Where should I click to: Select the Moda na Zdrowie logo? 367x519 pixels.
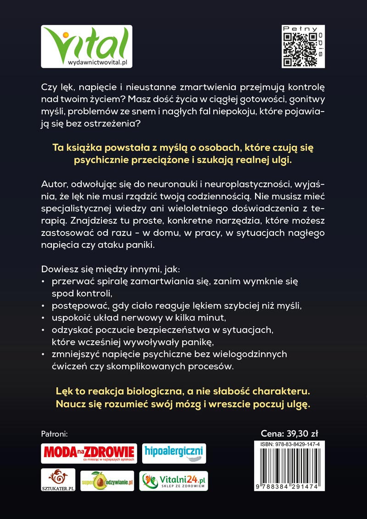[89, 453]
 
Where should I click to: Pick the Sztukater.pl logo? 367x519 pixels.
[58, 480]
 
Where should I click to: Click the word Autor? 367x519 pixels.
[54, 184]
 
